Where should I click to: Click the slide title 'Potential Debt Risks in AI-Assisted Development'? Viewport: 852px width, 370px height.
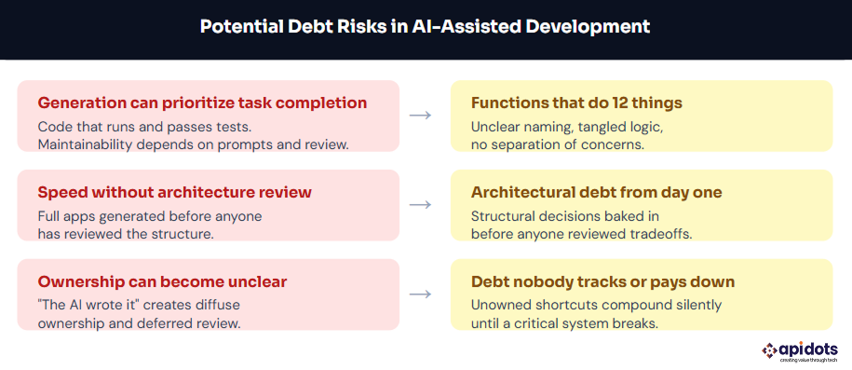pos(425,27)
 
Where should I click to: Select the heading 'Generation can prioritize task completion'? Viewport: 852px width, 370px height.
pos(202,103)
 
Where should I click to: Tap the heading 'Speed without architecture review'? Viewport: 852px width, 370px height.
pos(174,193)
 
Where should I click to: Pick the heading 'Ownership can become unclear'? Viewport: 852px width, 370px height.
pos(162,281)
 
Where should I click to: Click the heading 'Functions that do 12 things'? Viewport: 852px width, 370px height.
pos(576,103)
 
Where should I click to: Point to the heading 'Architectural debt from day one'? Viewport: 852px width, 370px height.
pos(597,193)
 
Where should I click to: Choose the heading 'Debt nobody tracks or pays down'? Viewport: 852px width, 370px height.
pos(603,281)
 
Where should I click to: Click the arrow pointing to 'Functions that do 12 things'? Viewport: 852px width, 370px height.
pos(420,116)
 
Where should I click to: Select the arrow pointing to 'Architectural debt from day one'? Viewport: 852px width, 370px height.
pos(420,205)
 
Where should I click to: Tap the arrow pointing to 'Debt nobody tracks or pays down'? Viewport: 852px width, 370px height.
pos(420,294)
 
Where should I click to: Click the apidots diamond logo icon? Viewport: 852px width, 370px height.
pos(769,349)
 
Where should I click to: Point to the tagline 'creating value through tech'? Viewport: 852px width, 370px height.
pos(808,360)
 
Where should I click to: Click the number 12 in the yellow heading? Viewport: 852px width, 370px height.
pos(630,103)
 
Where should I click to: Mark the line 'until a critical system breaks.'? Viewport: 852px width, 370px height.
pos(565,323)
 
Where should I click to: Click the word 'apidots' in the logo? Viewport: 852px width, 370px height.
pos(809,349)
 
